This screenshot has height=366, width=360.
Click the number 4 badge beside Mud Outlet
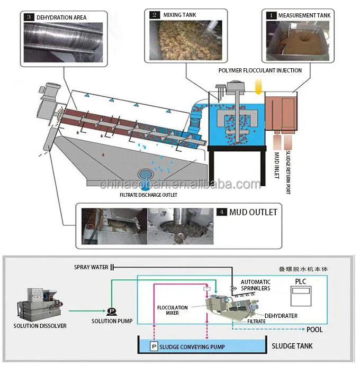(x=222, y=212)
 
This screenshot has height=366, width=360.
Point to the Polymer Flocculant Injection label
(x=260, y=70)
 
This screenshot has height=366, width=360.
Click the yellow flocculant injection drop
(x=258, y=85)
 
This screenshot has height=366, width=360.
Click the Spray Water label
(x=91, y=268)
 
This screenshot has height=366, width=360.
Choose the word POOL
(x=314, y=329)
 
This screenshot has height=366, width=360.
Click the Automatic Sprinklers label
(x=256, y=286)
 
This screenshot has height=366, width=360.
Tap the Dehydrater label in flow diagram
(x=281, y=316)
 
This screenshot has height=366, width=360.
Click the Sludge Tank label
(x=292, y=346)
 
